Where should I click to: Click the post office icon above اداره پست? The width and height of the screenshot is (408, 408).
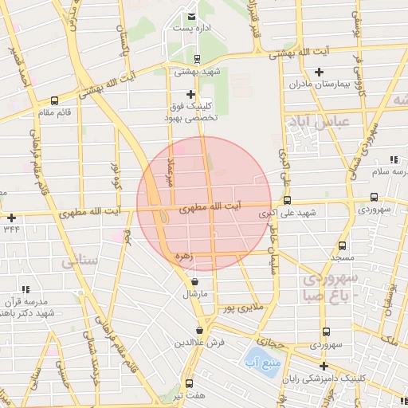[191, 17]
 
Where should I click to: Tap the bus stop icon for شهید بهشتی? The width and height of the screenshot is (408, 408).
[197, 58]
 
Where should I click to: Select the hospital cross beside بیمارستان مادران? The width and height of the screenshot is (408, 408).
[319, 72]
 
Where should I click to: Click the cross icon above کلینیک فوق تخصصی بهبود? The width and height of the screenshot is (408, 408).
[190, 94]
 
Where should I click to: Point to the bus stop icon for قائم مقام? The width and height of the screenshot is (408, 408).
[54, 100]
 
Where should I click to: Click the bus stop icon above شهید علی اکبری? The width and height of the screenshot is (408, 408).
[288, 202]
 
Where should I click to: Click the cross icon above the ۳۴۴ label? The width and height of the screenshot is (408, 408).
[11, 217]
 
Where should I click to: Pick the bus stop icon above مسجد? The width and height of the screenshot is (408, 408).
[343, 246]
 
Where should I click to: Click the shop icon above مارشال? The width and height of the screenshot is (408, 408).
[195, 282]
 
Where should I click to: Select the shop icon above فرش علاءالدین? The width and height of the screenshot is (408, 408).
[200, 330]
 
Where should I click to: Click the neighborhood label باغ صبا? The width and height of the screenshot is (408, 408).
[324, 296]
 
